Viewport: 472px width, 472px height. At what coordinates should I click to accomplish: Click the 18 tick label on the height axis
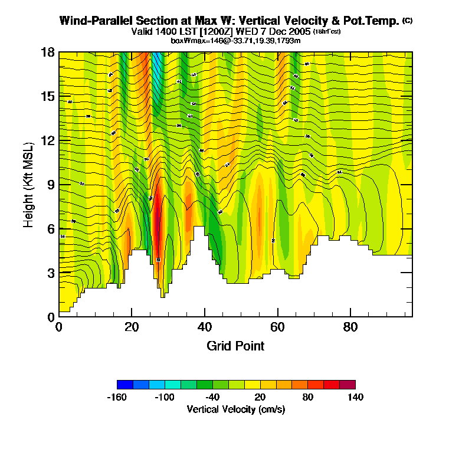tap(48, 53)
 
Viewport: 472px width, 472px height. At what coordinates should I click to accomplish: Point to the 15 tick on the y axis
tap(48, 97)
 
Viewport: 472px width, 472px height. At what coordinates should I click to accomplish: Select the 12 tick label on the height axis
tap(48, 140)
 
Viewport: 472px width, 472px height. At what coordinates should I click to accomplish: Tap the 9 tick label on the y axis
tap(51, 185)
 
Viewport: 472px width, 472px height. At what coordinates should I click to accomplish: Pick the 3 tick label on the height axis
tap(51, 273)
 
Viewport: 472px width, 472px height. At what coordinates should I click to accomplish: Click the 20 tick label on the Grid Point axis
tap(132, 327)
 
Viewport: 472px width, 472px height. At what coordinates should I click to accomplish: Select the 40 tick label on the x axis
tap(205, 327)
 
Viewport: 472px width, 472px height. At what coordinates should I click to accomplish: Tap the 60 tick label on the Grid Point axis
tap(277, 327)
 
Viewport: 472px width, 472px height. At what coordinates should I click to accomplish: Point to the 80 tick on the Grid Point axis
tap(350, 327)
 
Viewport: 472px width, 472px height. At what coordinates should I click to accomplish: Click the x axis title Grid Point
tap(235, 346)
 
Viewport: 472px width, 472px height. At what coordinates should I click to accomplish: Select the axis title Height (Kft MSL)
tap(28, 185)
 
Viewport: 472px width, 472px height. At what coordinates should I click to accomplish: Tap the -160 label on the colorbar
tap(118, 397)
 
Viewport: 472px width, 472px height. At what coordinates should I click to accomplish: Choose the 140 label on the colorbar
tap(355, 397)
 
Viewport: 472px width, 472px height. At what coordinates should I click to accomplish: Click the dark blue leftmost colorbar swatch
tap(125, 384)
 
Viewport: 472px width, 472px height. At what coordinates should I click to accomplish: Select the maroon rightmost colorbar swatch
tap(348, 384)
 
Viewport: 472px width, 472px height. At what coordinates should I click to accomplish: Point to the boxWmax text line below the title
tap(236, 40)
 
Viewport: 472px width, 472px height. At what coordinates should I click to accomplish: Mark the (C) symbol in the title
tap(408, 21)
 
